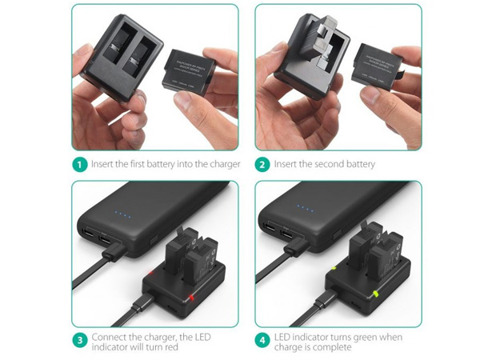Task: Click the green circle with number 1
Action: (79, 165)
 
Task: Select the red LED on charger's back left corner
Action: (149, 276)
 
